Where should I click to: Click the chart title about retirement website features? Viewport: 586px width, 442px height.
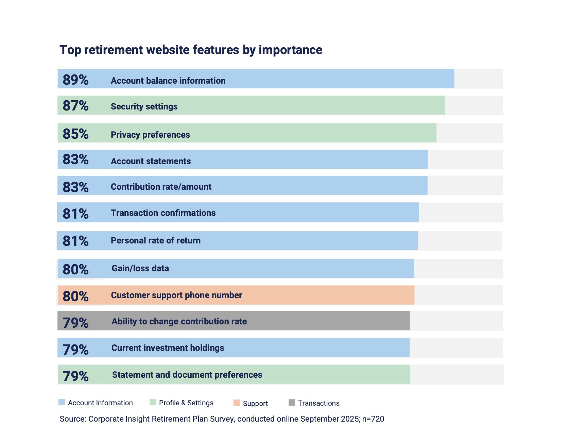191,50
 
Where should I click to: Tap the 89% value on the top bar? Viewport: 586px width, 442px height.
75,80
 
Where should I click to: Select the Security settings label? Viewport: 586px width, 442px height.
144,106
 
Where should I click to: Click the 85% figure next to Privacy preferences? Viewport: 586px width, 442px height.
75,134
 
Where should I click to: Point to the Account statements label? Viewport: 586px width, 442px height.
151,161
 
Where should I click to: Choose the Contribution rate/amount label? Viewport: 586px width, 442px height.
161,187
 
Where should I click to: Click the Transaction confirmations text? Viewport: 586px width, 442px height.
163,213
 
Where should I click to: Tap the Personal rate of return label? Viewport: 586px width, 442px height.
156,240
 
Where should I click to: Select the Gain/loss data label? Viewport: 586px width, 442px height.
140,268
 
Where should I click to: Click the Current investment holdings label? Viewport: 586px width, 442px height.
168,348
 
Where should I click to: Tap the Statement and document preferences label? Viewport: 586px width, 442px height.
187,375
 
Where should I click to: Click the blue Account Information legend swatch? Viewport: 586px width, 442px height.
62,402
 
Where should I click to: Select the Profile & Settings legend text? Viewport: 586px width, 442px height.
186,403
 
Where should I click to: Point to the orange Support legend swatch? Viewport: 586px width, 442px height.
237,403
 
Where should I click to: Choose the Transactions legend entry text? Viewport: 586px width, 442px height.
318,403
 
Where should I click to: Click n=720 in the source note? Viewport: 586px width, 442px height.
373,419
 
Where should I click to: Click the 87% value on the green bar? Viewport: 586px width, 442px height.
75,106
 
